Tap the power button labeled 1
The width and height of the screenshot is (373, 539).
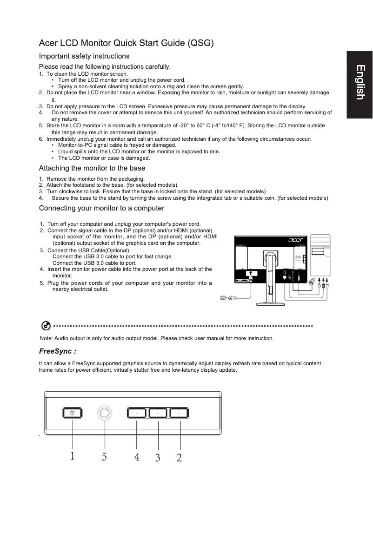(x=72, y=413)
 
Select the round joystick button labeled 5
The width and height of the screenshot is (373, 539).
(x=105, y=413)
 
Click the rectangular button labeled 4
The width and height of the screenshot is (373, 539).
(x=137, y=413)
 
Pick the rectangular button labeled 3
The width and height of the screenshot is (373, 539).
(x=158, y=413)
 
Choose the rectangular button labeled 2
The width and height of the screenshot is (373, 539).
(x=179, y=413)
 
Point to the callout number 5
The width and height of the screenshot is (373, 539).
(x=104, y=457)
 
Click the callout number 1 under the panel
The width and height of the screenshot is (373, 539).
(x=72, y=456)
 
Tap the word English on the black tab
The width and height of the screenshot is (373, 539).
(x=360, y=82)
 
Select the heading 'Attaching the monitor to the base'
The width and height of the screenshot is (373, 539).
(x=92, y=168)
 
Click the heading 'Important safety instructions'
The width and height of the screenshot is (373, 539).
(x=84, y=56)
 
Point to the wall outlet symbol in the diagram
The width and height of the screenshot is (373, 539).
(x=223, y=298)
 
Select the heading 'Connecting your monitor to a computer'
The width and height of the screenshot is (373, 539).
(x=101, y=208)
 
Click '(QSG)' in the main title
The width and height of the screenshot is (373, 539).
(x=200, y=44)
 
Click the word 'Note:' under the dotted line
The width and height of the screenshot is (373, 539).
(x=47, y=338)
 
